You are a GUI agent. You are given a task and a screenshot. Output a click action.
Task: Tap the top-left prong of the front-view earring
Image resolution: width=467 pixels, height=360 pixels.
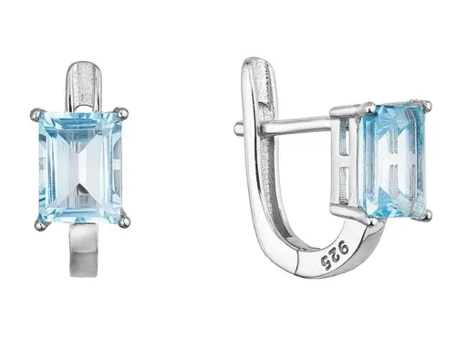(36, 113)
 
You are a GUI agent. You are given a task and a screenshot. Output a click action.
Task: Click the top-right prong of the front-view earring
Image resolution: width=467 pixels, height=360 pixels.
(124, 112)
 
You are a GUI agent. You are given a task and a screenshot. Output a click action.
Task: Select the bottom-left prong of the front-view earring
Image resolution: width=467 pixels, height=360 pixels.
(39, 224)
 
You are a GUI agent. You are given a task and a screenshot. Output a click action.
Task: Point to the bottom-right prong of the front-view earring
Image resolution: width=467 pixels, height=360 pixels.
(124, 222)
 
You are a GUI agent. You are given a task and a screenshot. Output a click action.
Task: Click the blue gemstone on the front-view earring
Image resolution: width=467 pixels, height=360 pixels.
(80, 167)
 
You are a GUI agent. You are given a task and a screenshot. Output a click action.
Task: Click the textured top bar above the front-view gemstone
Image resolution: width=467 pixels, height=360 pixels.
(84, 85)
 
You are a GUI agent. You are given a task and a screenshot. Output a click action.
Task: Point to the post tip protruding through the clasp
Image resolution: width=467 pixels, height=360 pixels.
(238, 128)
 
